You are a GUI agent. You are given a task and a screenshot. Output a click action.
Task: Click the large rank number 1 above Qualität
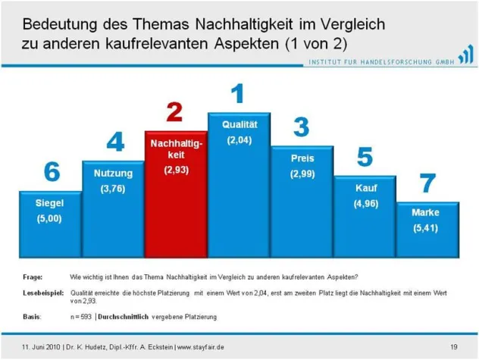238,94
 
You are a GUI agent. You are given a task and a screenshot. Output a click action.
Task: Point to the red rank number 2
175,113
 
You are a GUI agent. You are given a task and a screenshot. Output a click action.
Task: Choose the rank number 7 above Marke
428,184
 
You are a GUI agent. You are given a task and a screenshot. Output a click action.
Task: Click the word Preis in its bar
302,158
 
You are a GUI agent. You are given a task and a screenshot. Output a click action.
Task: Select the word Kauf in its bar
365,186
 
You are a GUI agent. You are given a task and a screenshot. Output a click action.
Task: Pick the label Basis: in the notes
34,315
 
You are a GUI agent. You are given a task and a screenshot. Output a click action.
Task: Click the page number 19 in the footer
453,347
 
